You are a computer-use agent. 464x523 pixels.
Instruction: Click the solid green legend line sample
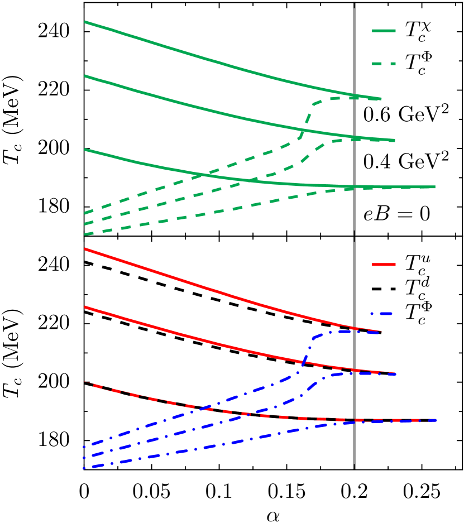[x=384, y=31]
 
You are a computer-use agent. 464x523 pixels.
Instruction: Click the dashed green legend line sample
[x=384, y=64]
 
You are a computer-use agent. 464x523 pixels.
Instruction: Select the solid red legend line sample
[x=384, y=265]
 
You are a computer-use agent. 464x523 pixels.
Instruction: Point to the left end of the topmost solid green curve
[x=85, y=22]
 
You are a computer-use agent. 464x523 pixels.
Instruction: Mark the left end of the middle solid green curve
[x=85, y=76]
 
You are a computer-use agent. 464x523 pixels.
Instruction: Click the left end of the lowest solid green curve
[x=85, y=150]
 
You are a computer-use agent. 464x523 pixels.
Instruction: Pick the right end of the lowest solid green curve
[x=434, y=187]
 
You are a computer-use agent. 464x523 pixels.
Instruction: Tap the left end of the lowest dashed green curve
[x=85, y=234]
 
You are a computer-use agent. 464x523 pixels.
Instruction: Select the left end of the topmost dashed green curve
[x=85, y=213]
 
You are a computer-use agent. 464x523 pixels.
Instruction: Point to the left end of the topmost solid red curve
[x=85, y=249]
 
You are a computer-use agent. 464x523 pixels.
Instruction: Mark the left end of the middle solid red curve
[x=85, y=307]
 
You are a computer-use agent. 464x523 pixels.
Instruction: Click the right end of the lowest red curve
[x=436, y=419]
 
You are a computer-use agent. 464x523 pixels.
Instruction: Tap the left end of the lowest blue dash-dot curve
[x=84, y=468]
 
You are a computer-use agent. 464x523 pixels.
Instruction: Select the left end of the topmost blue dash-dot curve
[x=84, y=447]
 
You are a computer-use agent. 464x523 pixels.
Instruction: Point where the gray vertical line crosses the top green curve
[x=354, y=95]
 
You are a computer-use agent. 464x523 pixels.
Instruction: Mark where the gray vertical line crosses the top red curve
[x=354, y=328]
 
